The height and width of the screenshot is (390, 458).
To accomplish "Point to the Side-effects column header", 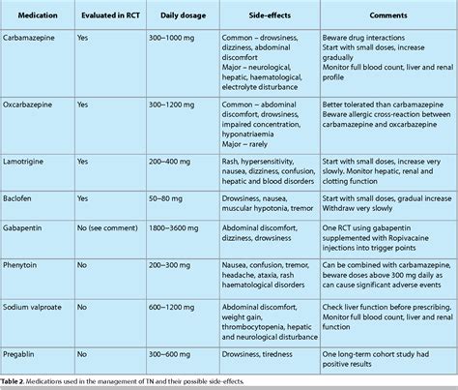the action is pos(255,17).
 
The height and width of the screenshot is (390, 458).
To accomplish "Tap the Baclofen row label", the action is pos(24,199).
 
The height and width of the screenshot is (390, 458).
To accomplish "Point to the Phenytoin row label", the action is pos(28,261).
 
